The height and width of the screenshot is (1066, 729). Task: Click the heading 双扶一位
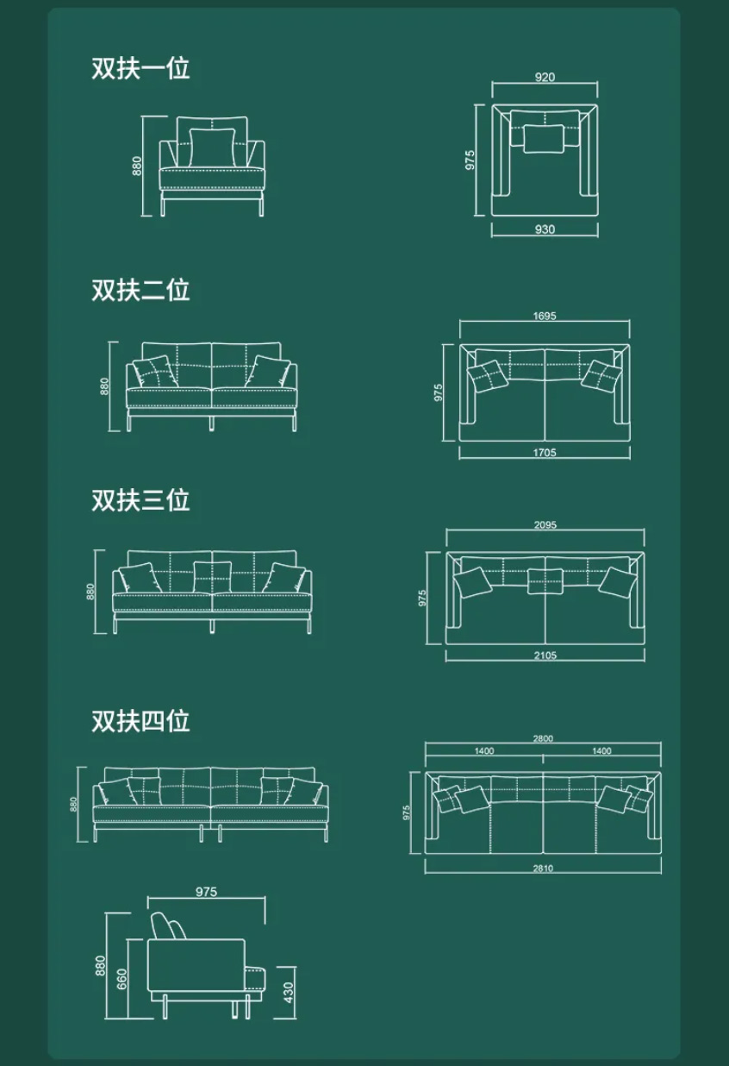140,68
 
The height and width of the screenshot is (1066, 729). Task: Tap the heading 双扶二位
140,290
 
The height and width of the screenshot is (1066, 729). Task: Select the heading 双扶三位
140,500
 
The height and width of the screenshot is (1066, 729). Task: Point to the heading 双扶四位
140,721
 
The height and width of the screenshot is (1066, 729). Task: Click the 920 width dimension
545,77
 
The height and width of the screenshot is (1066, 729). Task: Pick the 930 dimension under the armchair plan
545,229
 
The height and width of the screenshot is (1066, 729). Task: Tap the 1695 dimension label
545,316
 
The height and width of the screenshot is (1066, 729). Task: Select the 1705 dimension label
545,453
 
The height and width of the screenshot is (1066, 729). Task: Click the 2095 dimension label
545,525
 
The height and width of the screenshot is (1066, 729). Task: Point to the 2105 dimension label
545,655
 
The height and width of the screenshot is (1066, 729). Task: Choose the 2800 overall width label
543,738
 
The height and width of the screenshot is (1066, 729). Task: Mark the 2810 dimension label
543,868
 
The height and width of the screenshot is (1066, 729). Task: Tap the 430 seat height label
289,993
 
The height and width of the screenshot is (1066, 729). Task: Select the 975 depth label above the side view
206,892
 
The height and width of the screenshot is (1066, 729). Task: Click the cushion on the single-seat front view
213,147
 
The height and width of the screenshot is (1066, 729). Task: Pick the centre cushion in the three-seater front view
212,577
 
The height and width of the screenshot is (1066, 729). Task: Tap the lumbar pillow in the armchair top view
544,139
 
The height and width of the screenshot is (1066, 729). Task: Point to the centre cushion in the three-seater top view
545,581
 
